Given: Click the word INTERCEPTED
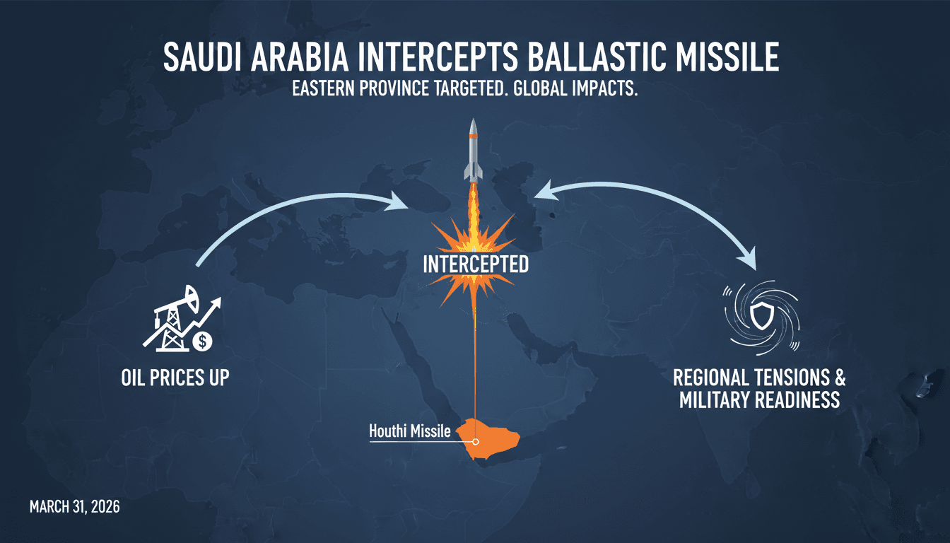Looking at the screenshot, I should pyautogui.click(x=475, y=264).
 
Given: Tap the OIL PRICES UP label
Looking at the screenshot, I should pyautogui.click(x=175, y=378).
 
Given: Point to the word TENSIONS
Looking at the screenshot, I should pyautogui.click(x=779, y=378).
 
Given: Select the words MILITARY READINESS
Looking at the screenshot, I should pyautogui.click(x=759, y=400).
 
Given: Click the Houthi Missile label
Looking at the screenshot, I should pyautogui.click(x=409, y=431).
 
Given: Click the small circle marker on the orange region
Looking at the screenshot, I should pyautogui.click(x=476, y=441).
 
